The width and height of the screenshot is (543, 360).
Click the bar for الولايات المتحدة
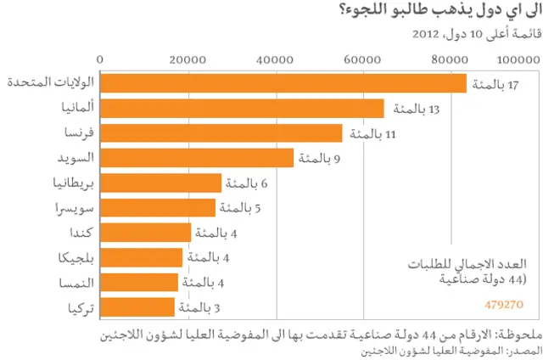[283, 84]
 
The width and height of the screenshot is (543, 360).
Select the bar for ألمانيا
[243, 109]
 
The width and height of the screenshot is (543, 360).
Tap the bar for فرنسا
[221, 133]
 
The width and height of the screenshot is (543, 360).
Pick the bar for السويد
[197, 158]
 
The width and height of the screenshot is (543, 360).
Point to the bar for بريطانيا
[161, 183]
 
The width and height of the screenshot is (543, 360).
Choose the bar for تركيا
[137, 307]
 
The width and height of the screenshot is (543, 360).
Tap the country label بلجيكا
[73, 256]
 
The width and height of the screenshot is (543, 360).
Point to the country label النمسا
[75, 282]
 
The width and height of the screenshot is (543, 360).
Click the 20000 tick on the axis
[188, 59]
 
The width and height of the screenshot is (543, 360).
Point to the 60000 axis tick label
[363, 59]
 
